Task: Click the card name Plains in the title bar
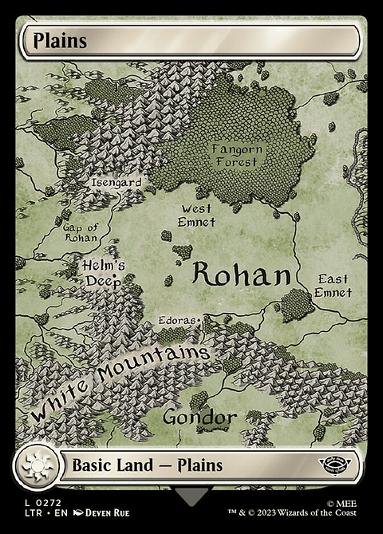tap(55, 42)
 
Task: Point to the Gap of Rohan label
tap(80, 232)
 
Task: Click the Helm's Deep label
tap(101, 272)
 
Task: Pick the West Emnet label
tap(196, 216)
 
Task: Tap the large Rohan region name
tap(240, 275)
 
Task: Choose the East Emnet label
tap(334, 286)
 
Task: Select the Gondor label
tap(199, 417)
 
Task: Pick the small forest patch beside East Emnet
tap(297, 304)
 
